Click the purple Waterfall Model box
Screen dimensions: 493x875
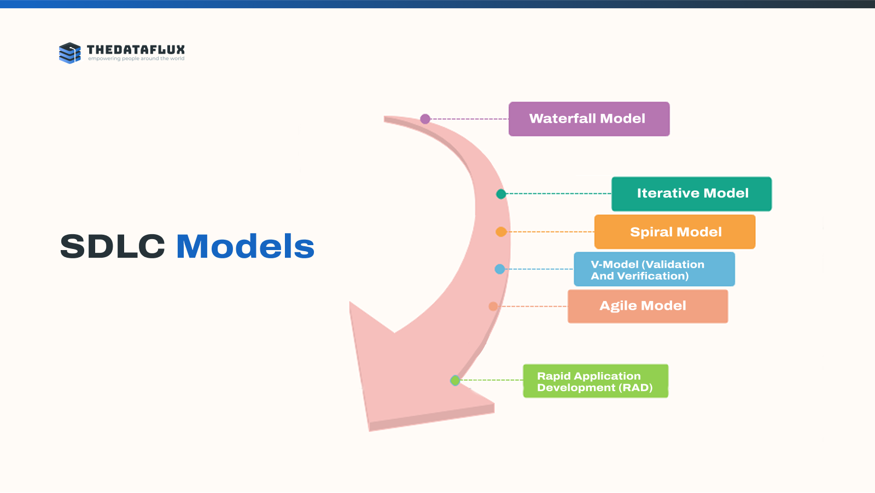click(x=589, y=119)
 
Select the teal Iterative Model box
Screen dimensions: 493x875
click(x=691, y=194)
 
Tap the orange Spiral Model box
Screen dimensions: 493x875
click(x=675, y=232)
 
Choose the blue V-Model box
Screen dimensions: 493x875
click(x=654, y=269)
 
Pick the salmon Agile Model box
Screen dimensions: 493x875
click(x=647, y=306)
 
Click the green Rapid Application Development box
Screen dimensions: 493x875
click(x=596, y=381)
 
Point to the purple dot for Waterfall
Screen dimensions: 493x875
click(x=425, y=119)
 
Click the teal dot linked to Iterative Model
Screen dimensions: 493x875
click(x=501, y=194)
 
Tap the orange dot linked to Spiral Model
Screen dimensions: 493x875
click(x=501, y=232)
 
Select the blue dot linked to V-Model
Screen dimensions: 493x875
click(x=500, y=269)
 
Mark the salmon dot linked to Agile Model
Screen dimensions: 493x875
click(x=493, y=306)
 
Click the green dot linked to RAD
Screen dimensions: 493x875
click(x=455, y=380)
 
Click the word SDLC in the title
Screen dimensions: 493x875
click(x=112, y=247)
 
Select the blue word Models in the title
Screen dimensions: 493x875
click(x=245, y=247)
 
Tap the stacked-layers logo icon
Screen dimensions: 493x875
click(x=69, y=53)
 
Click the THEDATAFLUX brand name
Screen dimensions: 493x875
click(x=136, y=50)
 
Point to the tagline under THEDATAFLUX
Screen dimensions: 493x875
click(x=136, y=59)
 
